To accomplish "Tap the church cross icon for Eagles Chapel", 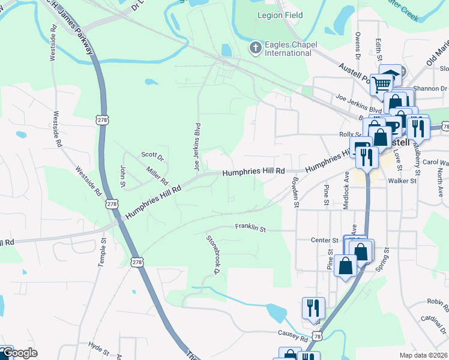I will (256, 47).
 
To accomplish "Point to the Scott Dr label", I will (152, 155).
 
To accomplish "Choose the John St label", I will (122, 175).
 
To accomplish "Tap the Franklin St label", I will (250, 228).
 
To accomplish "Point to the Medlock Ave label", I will (346, 191).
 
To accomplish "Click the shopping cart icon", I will (381, 85).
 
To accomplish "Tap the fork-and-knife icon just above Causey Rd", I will (313, 308).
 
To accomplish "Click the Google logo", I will (19, 353).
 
